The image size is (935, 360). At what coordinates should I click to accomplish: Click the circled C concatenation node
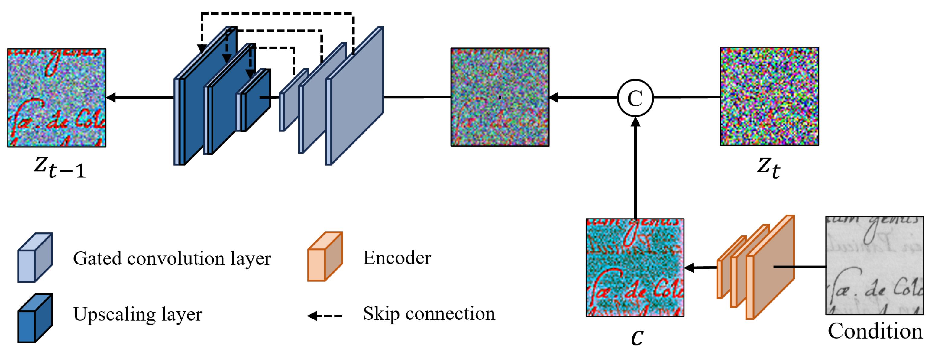pyautogui.click(x=635, y=98)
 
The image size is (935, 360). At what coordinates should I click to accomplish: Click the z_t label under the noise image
pyautogui.click(x=768, y=168)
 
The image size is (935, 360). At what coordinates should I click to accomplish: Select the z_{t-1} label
pyautogui.click(x=60, y=168)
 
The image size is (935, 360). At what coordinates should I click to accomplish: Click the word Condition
pyautogui.click(x=875, y=331)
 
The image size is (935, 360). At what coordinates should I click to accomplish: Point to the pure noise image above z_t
pyautogui.click(x=769, y=96)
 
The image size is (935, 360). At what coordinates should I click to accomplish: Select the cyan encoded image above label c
pyautogui.click(x=635, y=268)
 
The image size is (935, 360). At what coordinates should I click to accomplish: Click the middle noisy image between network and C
pyautogui.click(x=500, y=97)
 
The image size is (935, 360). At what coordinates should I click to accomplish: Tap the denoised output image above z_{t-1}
pyautogui.click(x=57, y=98)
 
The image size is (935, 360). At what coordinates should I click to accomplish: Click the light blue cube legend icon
pyautogui.click(x=35, y=258)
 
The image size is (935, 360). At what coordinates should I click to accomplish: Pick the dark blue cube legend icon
pyautogui.click(x=35, y=318)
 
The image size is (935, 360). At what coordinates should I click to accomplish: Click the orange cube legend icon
pyautogui.click(x=325, y=257)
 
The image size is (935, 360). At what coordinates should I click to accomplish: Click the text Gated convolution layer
pyautogui.click(x=172, y=258)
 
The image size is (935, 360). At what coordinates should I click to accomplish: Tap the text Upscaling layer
pyautogui.click(x=137, y=314)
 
